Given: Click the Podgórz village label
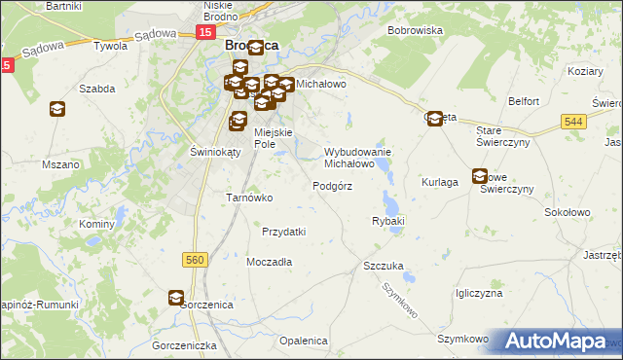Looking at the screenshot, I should [332, 185].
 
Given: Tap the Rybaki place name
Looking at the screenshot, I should [387, 222].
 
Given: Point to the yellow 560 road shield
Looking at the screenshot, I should [195, 259].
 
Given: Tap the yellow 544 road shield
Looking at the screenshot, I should [572, 120].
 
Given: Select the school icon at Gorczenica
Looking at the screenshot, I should [176, 298].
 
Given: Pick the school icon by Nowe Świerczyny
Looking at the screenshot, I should [480, 176].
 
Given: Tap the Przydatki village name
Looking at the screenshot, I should [284, 232].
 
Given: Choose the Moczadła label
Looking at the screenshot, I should [270, 263].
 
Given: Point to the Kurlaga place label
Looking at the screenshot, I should [440, 182].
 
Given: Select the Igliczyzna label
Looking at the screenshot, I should [478, 293].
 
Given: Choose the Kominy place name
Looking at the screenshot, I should [97, 224].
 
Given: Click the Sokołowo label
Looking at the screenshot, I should [568, 211].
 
